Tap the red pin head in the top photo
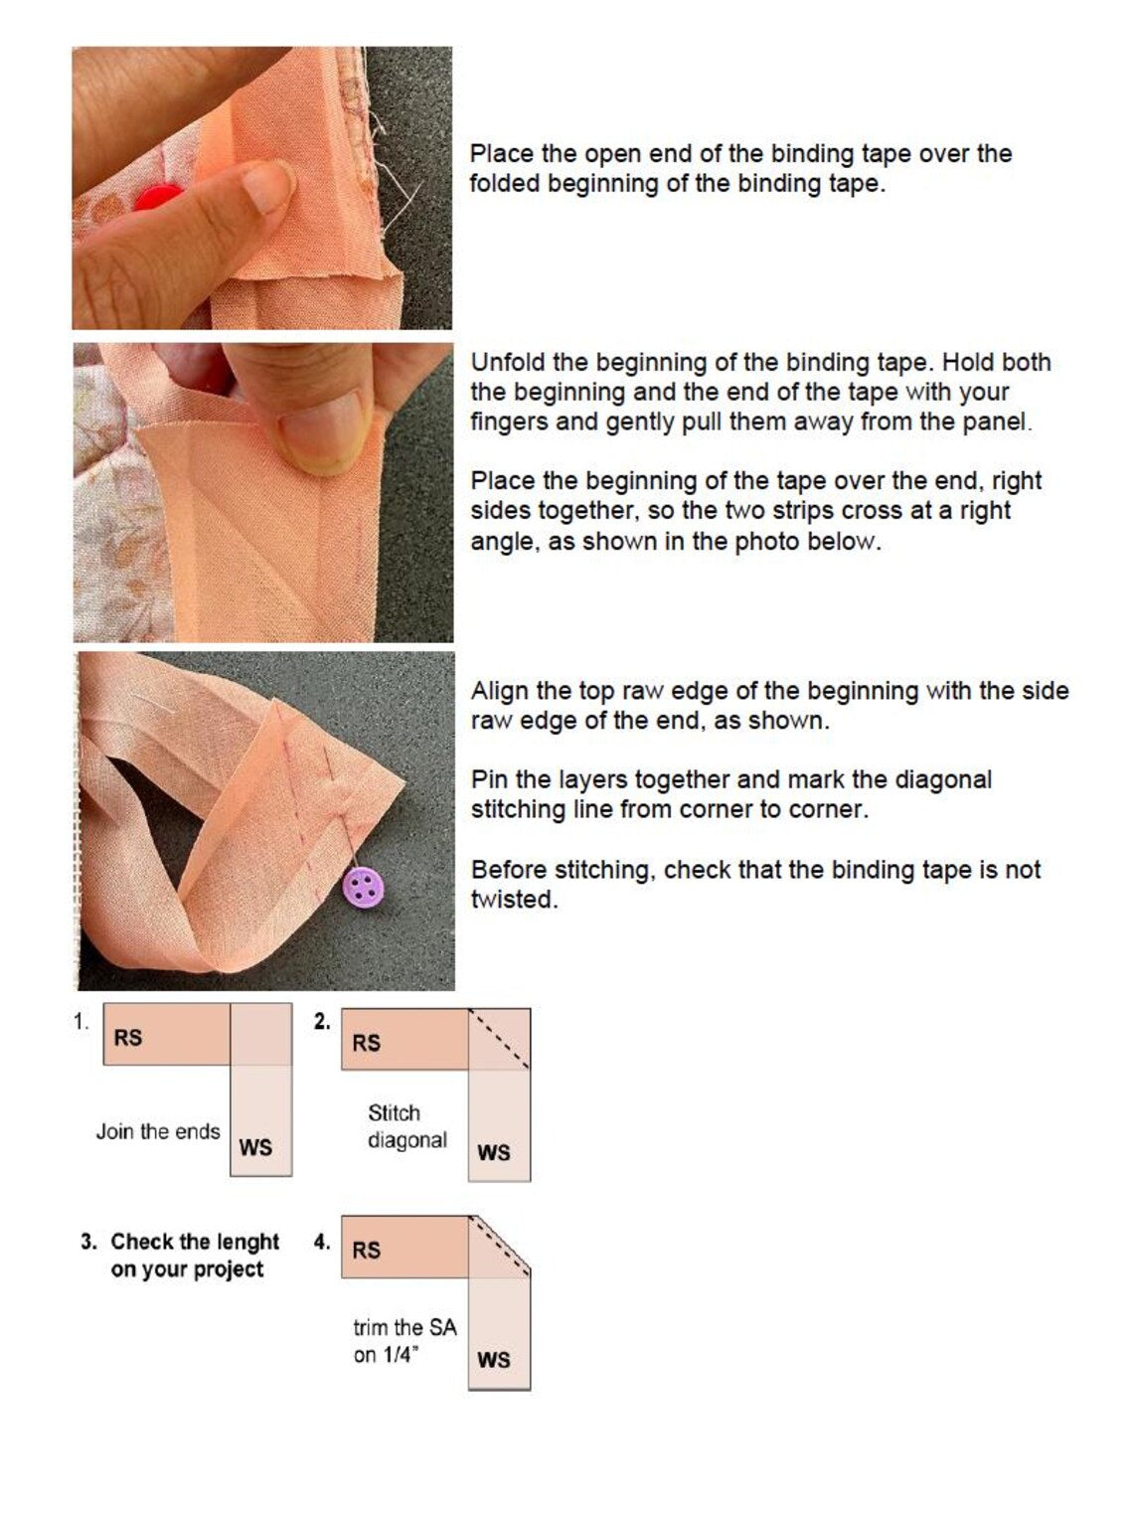coord(158,198)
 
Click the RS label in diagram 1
coord(128,1038)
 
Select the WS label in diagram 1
coord(255,1148)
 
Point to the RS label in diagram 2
coord(366,1043)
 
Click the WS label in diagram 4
coord(494,1359)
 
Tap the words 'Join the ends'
coord(158,1131)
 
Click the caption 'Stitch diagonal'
coord(406,1126)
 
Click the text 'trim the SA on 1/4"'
coord(405,1341)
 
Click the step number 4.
coord(322,1242)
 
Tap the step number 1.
coord(81,1022)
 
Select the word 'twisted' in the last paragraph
coord(514,900)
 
